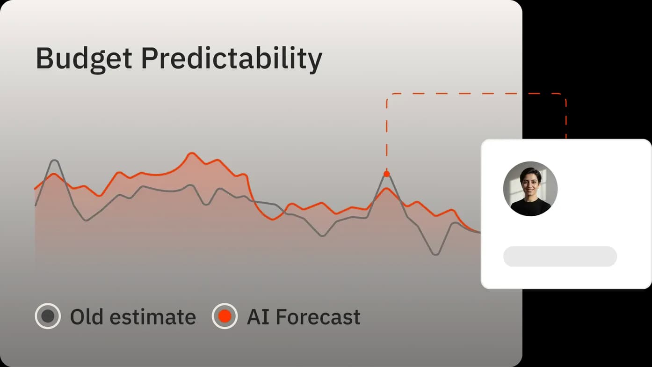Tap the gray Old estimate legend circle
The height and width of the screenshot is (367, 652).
48,316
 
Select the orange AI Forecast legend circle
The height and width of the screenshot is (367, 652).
225,316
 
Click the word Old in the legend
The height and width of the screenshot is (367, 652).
87,316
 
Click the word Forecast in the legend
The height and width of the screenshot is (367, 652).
318,317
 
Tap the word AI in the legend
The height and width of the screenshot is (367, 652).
258,316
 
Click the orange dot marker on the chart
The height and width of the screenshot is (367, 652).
386,174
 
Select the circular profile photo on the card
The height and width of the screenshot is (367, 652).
530,189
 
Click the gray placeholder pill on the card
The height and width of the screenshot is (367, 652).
560,257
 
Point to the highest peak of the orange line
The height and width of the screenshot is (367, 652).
191,153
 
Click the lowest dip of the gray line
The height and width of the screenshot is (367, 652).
435,254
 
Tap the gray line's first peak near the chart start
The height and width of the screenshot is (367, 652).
54,161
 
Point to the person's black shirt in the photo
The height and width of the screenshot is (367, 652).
530,207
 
